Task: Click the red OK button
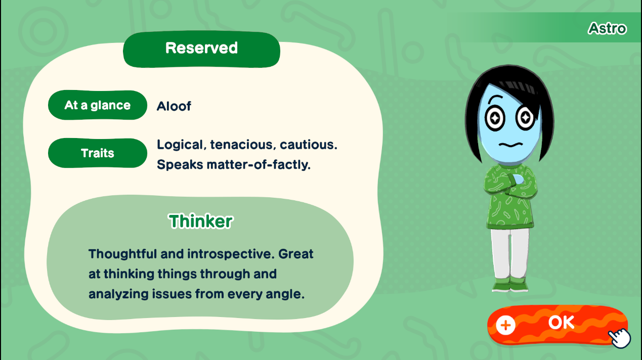[558, 325]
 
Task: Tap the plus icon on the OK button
[505, 325]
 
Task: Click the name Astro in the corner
[607, 28]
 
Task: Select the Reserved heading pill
[201, 49]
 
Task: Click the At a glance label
[98, 105]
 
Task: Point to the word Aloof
[174, 106]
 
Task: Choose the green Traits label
[98, 153]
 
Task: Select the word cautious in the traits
[309, 145]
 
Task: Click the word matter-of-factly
[259, 165]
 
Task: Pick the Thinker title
[201, 221]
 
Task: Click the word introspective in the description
[230, 254]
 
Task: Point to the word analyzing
[118, 294]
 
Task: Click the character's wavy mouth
[511, 144]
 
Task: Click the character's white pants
[510, 253]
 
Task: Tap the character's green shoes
[510, 284]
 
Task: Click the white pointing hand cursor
[619, 338]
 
